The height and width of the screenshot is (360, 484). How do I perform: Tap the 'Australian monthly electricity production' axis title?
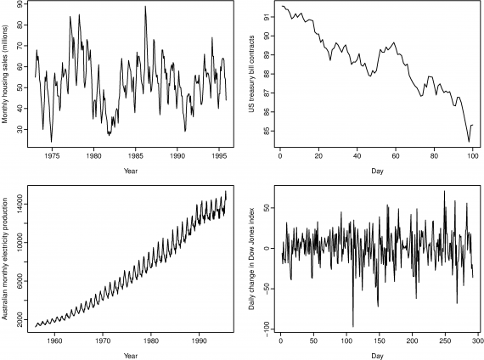[x=6, y=254]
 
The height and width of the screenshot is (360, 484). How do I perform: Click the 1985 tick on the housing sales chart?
[x=136, y=157]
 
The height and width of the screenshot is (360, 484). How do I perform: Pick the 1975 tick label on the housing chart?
[x=53, y=157]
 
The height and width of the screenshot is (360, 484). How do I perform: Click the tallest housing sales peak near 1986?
[x=145, y=7]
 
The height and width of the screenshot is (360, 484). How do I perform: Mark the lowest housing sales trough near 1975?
[x=51, y=141]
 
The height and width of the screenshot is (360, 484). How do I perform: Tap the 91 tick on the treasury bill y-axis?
[x=267, y=16]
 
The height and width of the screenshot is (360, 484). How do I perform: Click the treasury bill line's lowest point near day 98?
[x=468, y=141]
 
